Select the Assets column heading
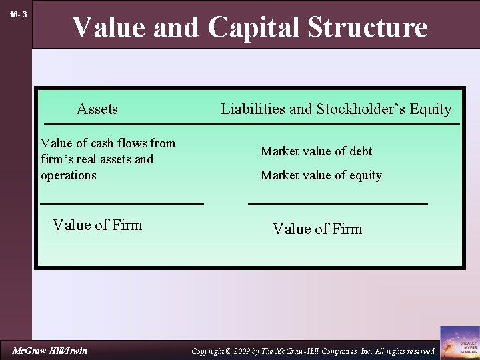[97, 109]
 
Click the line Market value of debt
[316, 151]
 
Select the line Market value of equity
[321, 175]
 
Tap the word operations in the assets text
[69, 175]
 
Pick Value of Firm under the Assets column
[97, 225]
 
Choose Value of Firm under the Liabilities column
[317, 229]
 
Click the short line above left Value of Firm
[122, 203]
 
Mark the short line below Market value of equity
[337, 203]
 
